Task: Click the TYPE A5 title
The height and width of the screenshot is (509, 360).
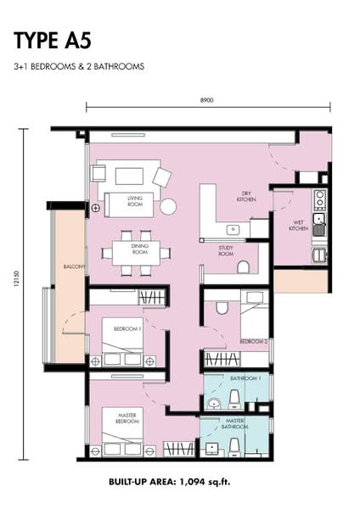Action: [x=53, y=41]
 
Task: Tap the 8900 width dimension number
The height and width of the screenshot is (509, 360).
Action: [x=206, y=100]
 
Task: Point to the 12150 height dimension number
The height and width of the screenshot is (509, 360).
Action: [x=17, y=279]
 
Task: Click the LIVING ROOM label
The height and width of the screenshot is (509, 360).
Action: [x=135, y=201]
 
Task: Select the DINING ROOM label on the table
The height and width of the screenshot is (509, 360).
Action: [x=140, y=249]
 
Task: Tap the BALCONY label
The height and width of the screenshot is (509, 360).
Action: [x=75, y=266]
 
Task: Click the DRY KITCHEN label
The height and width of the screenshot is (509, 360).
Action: [x=246, y=197]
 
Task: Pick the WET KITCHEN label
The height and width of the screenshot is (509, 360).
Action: [x=298, y=226]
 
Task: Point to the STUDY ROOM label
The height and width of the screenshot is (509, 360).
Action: [x=226, y=250]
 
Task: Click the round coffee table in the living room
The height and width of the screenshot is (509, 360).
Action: [x=168, y=206]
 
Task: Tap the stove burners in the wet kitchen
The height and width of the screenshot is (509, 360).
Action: [x=320, y=199]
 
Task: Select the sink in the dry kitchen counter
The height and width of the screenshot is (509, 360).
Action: [x=233, y=230]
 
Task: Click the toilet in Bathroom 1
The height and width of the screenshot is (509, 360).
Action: [x=234, y=400]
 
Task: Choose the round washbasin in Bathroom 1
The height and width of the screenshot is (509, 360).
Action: [x=214, y=404]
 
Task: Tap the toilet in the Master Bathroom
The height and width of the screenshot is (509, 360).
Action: [x=234, y=447]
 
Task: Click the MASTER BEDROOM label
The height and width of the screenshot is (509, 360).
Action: [x=127, y=418]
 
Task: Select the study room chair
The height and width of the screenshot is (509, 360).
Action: [x=243, y=267]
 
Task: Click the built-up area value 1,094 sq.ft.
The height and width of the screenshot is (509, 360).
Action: [x=205, y=482]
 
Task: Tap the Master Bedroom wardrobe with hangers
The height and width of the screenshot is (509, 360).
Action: [x=178, y=449]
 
